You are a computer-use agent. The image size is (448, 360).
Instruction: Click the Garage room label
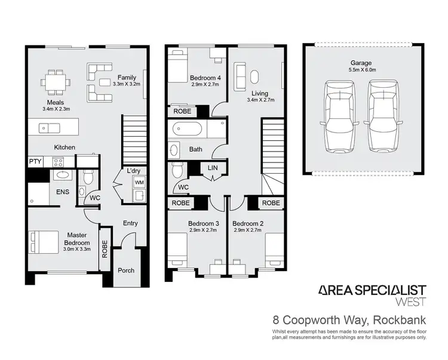pyautogui.click(x=361, y=63)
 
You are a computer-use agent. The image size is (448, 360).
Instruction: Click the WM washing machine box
pyautogui.click(x=139, y=181)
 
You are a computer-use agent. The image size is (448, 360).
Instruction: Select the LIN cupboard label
pyautogui.click(x=212, y=168)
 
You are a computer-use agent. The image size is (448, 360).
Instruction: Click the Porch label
pyautogui.click(x=126, y=270)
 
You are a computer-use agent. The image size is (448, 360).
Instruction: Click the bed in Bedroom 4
pyautogui.click(x=178, y=67)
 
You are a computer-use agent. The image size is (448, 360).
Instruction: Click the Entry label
pyautogui.click(x=130, y=223)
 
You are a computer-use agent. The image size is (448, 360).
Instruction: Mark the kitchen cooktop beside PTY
pyautogui.click(x=59, y=161)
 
